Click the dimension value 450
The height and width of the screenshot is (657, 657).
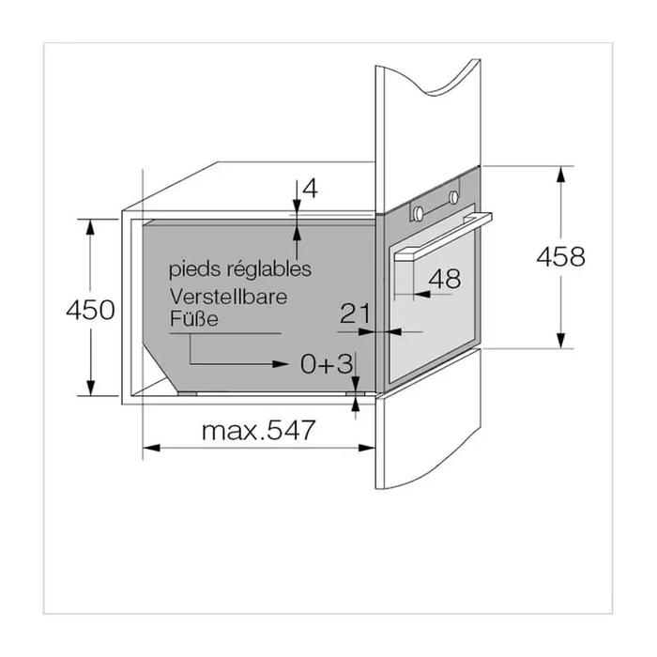click(x=90, y=310)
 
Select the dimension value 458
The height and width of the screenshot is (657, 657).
click(x=560, y=256)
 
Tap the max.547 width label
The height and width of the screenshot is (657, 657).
click(x=258, y=430)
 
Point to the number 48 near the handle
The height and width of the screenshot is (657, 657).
click(x=445, y=278)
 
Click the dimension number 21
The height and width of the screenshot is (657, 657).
click(x=356, y=313)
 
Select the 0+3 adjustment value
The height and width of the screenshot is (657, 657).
click(x=327, y=363)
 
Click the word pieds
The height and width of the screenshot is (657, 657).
click(x=195, y=269)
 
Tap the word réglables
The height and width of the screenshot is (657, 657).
click(x=269, y=269)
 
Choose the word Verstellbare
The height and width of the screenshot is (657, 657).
click(x=228, y=297)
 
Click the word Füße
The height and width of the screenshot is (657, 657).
click(x=193, y=318)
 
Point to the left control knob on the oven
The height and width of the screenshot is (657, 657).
click(x=419, y=214)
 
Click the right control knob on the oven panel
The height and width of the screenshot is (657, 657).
click(x=453, y=197)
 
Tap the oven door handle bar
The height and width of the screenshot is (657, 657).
click(x=442, y=237)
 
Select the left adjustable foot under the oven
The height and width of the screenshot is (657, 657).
click(x=187, y=394)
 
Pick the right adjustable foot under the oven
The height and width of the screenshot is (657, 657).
click(x=356, y=394)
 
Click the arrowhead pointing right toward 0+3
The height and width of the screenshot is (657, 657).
click(x=280, y=364)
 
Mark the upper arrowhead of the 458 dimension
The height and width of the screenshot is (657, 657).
click(x=560, y=175)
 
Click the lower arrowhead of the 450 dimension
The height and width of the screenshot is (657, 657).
click(x=90, y=387)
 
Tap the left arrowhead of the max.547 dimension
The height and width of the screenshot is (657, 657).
click(x=152, y=448)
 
